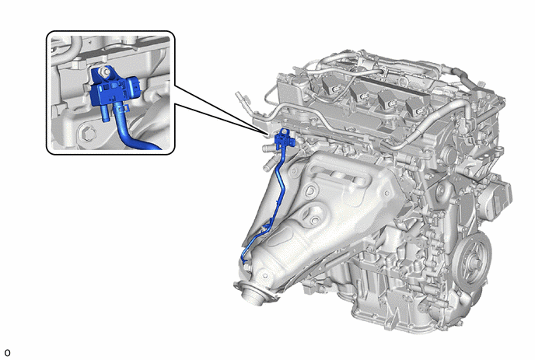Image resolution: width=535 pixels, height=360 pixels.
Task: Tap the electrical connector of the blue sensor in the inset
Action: (x=133, y=87)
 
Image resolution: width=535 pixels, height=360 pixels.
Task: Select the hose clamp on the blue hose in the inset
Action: (x=123, y=109)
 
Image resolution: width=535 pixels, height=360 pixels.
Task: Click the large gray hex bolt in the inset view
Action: (x=89, y=134)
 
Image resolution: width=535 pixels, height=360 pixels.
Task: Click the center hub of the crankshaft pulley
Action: (x=473, y=262)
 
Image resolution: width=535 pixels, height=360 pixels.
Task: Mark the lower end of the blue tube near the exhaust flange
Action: (x=244, y=261)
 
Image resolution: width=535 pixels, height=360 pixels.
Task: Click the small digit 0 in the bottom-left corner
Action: (x=7, y=352)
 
